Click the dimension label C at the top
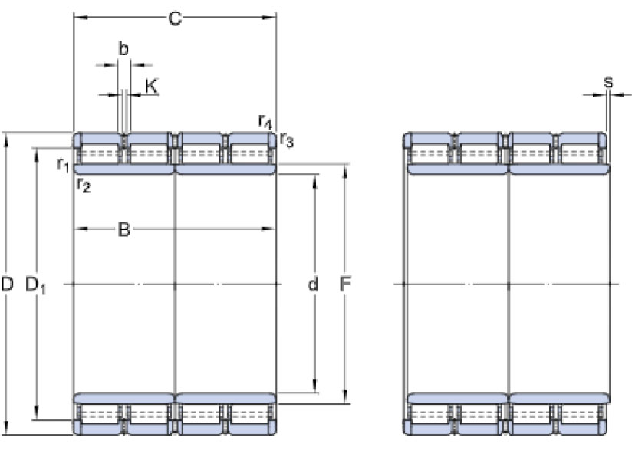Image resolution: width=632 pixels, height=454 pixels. pyautogui.click(x=175, y=18)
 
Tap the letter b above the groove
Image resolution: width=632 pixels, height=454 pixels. pyautogui.click(x=123, y=49)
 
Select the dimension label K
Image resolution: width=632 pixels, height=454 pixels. pyautogui.click(x=151, y=86)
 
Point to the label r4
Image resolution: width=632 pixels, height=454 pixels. pyautogui.click(x=265, y=121)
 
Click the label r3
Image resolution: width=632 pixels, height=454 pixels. pyautogui.click(x=287, y=140)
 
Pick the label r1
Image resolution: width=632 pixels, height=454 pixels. pyautogui.click(x=63, y=164)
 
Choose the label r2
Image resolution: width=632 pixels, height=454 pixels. pyautogui.click(x=84, y=185)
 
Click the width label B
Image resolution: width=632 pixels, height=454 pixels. pyautogui.click(x=123, y=229)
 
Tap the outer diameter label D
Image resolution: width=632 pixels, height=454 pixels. pyautogui.click(x=7, y=285)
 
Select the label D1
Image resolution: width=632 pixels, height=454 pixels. pyautogui.click(x=35, y=285)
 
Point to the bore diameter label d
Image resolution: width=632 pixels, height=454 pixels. pyautogui.click(x=313, y=284)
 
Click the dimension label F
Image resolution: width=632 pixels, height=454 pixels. pyautogui.click(x=344, y=285)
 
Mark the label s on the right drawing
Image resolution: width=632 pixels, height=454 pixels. pyautogui.click(x=608, y=82)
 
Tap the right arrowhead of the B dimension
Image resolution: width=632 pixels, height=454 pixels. pyautogui.click(x=268, y=229)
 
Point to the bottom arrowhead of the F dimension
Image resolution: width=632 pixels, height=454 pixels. pyautogui.click(x=344, y=396)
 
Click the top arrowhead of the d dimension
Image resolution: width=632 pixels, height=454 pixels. pyautogui.click(x=314, y=182)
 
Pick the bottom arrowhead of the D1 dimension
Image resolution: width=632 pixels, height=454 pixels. pyautogui.click(x=36, y=413)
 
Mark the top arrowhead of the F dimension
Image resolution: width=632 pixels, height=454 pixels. pyautogui.click(x=344, y=172)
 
